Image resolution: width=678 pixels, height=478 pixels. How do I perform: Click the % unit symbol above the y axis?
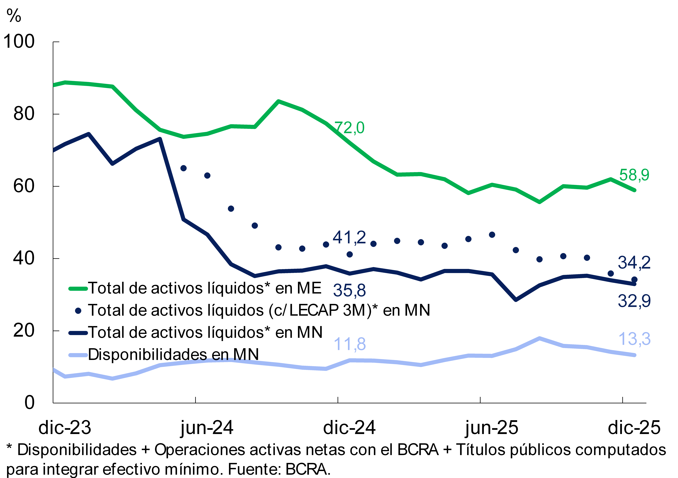tap(14, 16)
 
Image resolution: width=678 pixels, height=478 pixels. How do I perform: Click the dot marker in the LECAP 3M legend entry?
tap(78, 311)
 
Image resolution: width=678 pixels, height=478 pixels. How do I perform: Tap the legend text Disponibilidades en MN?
tap(173, 354)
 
